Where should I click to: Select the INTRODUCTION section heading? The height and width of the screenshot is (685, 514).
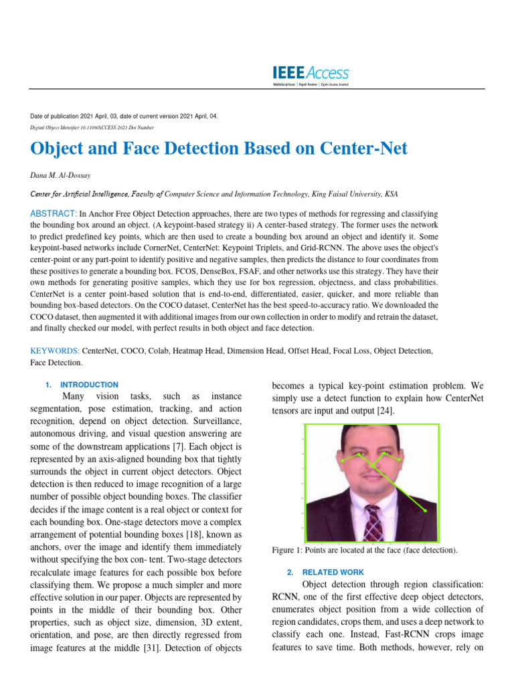point(88,385)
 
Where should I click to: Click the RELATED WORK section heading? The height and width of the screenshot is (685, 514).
point(333,572)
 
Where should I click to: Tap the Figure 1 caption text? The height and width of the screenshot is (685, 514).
point(365,550)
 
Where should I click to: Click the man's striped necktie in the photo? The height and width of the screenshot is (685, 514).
point(373,525)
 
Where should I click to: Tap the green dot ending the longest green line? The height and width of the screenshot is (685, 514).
point(425,512)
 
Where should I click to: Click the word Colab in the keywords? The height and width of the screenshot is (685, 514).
point(155,351)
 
